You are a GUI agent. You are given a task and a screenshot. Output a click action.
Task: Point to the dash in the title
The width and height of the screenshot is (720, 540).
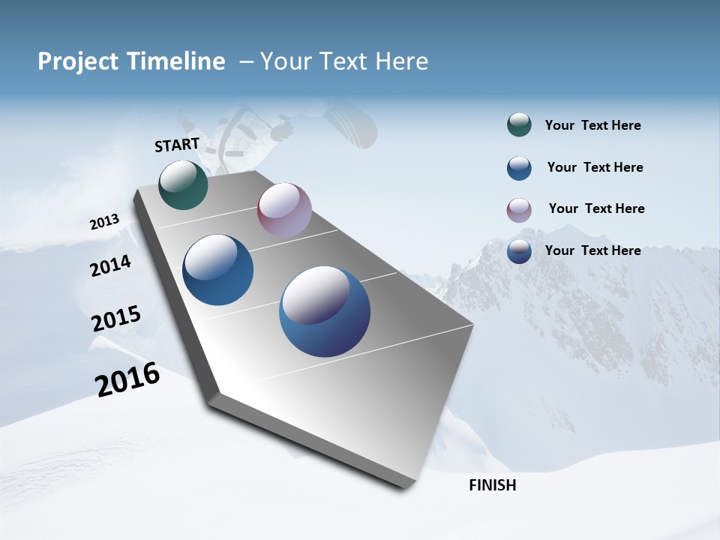pyautogui.click(x=246, y=61)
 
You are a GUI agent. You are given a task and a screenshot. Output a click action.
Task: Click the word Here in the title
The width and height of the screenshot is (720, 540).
pyautogui.click(x=401, y=61)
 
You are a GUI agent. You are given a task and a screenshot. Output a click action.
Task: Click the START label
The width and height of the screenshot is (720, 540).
pyautogui.click(x=177, y=145)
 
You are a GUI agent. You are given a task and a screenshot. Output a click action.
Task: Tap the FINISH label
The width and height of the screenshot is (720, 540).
pyautogui.click(x=492, y=485)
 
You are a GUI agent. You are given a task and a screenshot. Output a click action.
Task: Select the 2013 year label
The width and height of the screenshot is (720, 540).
pyautogui.click(x=104, y=222)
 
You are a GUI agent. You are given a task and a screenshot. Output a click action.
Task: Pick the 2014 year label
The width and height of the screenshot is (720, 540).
pyautogui.click(x=110, y=266)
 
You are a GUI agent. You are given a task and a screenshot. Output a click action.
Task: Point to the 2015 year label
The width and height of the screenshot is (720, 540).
pyautogui.click(x=115, y=319)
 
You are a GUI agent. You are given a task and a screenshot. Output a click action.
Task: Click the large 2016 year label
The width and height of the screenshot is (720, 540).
pyautogui.click(x=127, y=379)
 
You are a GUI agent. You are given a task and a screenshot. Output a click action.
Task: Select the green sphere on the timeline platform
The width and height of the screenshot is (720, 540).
pyautogui.click(x=183, y=185)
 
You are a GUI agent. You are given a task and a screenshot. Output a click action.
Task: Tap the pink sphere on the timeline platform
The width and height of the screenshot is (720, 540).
pyautogui.click(x=284, y=210)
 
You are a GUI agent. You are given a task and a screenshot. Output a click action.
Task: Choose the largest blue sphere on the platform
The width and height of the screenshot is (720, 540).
pyautogui.click(x=325, y=311)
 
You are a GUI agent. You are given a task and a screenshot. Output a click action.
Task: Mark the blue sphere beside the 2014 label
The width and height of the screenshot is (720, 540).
pyautogui.click(x=218, y=270)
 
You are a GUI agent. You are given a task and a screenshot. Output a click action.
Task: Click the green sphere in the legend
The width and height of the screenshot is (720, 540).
pyautogui.click(x=519, y=125)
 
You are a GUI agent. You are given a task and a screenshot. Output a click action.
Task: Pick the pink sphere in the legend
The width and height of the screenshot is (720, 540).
pyautogui.click(x=519, y=210)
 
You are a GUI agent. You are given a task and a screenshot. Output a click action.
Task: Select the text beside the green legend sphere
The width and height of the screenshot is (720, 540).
pyautogui.click(x=592, y=126)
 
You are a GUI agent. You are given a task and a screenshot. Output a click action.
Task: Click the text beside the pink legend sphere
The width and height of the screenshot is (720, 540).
pyautogui.click(x=596, y=208)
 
